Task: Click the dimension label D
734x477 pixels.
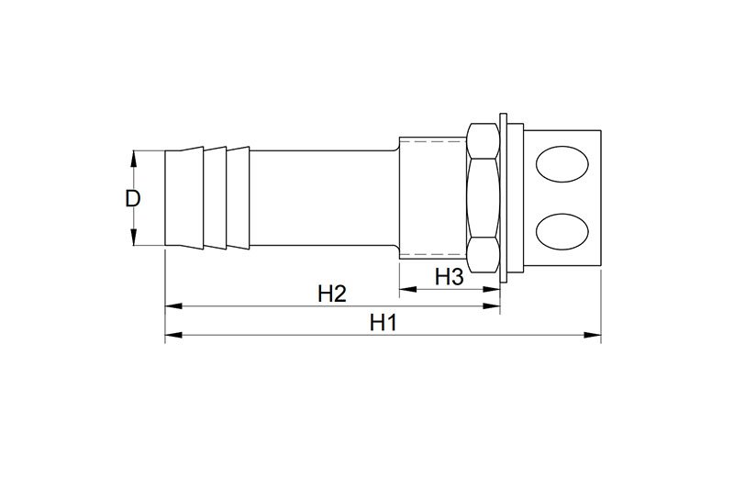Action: pos(132,198)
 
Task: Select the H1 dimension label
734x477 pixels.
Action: pos(383,323)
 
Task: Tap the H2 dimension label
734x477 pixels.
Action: pos(332,294)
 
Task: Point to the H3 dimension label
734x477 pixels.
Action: pos(449,277)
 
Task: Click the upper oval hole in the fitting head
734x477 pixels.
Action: pos(562,163)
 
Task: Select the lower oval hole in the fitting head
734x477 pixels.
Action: pos(562,231)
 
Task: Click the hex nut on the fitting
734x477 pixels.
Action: pos(484,197)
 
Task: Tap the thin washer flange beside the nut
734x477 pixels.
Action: pos(503,197)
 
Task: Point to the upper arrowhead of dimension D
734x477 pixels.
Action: pos(134,158)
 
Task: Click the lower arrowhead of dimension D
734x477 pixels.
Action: pos(134,238)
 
